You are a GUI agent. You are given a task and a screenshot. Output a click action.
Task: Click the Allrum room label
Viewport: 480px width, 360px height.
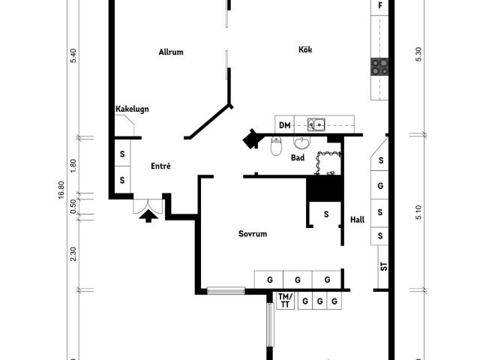click(171, 52)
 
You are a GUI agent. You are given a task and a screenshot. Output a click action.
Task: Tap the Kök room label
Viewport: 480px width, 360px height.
click(305, 49)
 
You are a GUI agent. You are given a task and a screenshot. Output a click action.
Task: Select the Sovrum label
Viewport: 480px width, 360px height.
click(253, 234)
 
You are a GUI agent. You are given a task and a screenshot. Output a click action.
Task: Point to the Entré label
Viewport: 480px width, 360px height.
click(160, 166)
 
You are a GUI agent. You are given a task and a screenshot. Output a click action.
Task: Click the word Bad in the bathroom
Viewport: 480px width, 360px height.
click(298, 157)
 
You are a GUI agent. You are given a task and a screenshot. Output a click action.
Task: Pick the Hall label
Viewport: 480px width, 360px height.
click(357, 220)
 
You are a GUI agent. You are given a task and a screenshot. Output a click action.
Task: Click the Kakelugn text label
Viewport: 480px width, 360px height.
click(132, 109)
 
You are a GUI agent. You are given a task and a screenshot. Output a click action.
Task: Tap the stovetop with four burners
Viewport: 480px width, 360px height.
click(379, 67)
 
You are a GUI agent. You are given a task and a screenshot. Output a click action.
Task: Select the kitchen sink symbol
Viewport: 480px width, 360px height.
click(316, 124)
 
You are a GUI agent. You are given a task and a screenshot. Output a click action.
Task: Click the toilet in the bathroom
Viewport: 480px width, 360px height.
click(276, 145)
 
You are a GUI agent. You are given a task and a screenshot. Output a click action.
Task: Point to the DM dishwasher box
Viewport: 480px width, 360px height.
click(285, 125)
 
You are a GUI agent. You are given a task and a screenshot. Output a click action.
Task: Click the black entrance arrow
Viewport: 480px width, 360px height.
click(148, 216)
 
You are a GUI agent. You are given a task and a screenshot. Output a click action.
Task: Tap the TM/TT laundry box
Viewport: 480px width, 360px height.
click(285, 301)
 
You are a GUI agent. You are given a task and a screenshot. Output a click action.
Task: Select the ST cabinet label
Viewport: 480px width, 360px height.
click(383, 267)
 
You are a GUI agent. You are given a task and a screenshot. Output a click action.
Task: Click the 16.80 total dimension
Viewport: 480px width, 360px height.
click(61, 190)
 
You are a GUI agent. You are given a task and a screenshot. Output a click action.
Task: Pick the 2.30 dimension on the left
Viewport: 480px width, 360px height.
click(73, 254)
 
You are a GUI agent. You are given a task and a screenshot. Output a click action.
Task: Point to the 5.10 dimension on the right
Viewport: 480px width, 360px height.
click(418, 212)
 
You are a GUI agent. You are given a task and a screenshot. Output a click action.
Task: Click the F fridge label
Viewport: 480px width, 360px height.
click(380, 5)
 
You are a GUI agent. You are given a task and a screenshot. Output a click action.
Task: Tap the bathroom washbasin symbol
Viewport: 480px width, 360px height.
click(302, 142)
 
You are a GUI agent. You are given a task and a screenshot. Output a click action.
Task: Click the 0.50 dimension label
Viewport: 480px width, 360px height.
click(73, 207)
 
